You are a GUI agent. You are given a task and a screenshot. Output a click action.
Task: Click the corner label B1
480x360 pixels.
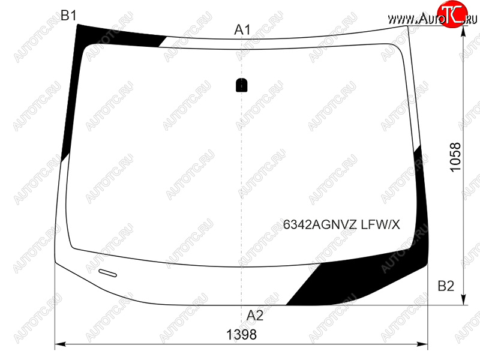click(x=68, y=16)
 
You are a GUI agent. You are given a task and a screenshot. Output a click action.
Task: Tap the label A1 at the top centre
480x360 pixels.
click(x=242, y=30)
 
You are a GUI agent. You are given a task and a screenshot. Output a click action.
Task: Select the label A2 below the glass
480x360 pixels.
click(x=255, y=316)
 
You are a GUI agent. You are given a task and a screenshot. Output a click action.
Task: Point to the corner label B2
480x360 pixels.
click(x=446, y=286)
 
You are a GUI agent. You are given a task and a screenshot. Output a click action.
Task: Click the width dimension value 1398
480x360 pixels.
click(x=241, y=335)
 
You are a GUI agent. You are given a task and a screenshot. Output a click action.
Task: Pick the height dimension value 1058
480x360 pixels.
click(x=455, y=157)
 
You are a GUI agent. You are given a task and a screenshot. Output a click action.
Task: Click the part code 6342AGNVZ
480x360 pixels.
click(x=320, y=224)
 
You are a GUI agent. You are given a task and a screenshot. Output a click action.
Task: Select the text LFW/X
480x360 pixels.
click(x=380, y=224)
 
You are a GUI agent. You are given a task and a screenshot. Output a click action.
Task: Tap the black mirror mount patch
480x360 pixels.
click(x=242, y=85)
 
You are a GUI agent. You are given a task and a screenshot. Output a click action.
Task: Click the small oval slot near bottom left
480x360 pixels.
click(x=107, y=273)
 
